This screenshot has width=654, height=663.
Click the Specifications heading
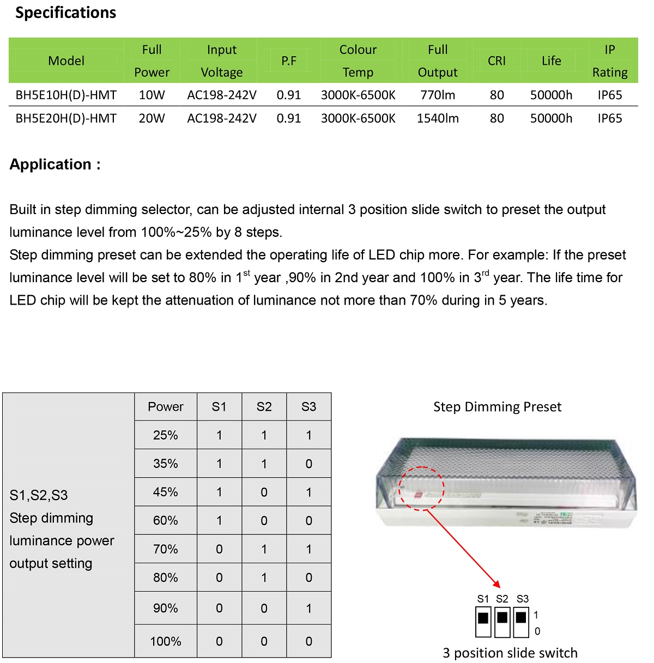pyautogui.click(x=65, y=13)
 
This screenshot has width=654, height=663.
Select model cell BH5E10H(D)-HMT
pyautogui.click(x=66, y=95)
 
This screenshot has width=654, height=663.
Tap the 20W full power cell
pyautogui.click(x=152, y=118)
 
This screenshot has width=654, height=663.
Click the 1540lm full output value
pyautogui.click(x=438, y=118)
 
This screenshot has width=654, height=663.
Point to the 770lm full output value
pyautogui.click(x=438, y=95)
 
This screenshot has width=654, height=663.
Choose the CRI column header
pyautogui.click(x=496, y=61)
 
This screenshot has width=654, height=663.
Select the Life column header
pyautogui.click(x=551, y=61)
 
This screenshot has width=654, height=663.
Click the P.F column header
pyautogui.click(x=289, y=61)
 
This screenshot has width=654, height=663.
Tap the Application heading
pyautogui.click(x=55, y=164)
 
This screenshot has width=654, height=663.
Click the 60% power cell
pyautogui.click(x=166, y=520)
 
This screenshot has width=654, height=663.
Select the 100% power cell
pyautogui.click(x=166, y=641)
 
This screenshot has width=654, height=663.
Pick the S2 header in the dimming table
pyautogui.click(x=264, y=406)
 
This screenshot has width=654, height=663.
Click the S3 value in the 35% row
pyautogui.click(x=308, y=464)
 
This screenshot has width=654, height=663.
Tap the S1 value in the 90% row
pyautogui.click(x=219, y=608)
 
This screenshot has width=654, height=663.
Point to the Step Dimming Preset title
pyautogui.click(x=497, y=407)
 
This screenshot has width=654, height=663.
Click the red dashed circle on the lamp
pyautogui.click(x=421, y=489)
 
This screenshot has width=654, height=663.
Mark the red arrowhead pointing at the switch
pyautogui.click(x=495, y=583)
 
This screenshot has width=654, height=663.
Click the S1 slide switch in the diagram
pyautogui.click(x=483, y=622)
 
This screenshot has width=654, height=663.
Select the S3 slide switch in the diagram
pyautogui.click(x=521, y=622)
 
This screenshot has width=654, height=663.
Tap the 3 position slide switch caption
pyautogui.click(x=510, y=653)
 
